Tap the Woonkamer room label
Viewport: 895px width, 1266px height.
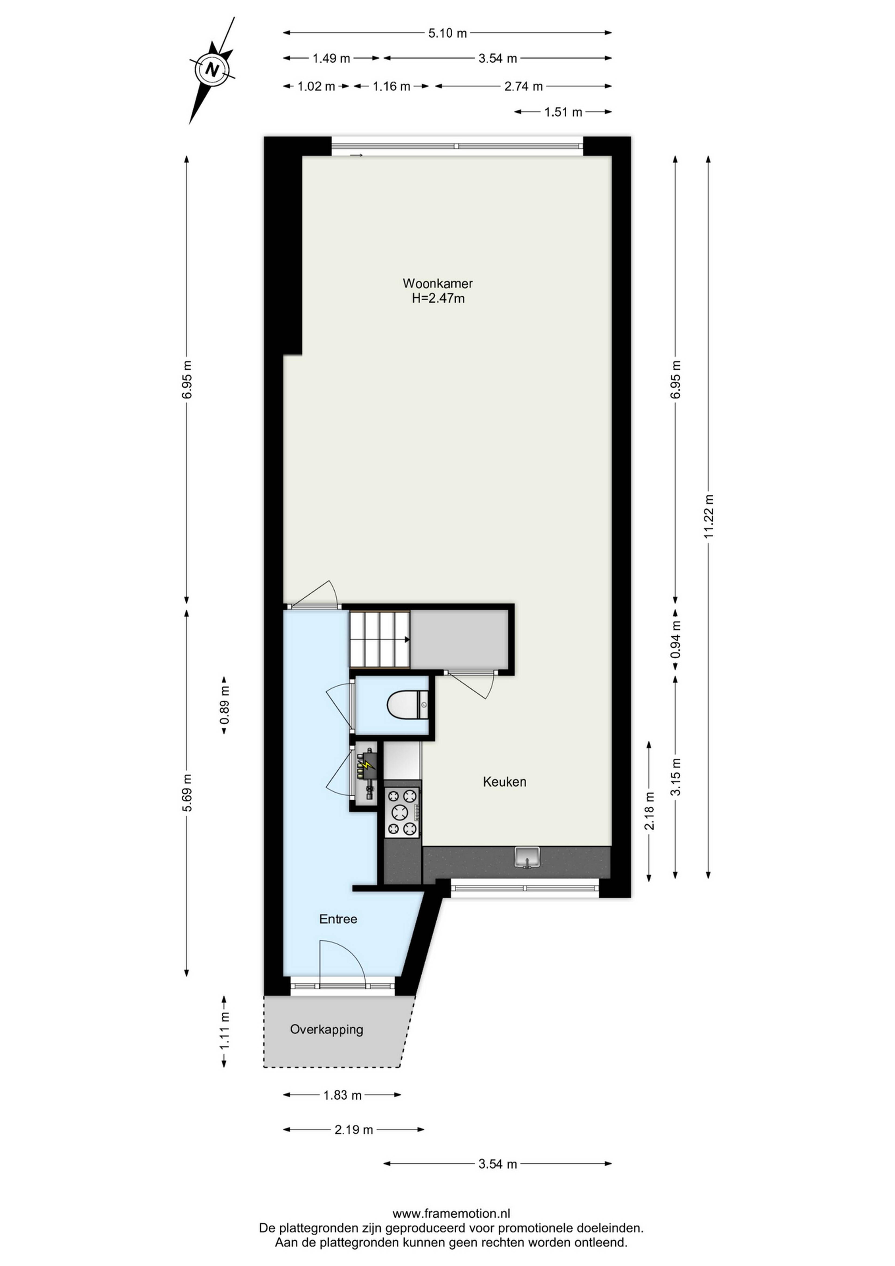pos(437,283)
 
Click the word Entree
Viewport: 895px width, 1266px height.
pos(338,919)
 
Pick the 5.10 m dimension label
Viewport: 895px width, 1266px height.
pos(447,33)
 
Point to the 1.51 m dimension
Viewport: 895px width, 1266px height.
pos(563,112)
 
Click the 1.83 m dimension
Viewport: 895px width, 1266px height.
pos(342,1095)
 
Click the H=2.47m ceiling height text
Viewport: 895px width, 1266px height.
pos(438,298)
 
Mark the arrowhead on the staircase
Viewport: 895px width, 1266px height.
pos(407,640)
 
